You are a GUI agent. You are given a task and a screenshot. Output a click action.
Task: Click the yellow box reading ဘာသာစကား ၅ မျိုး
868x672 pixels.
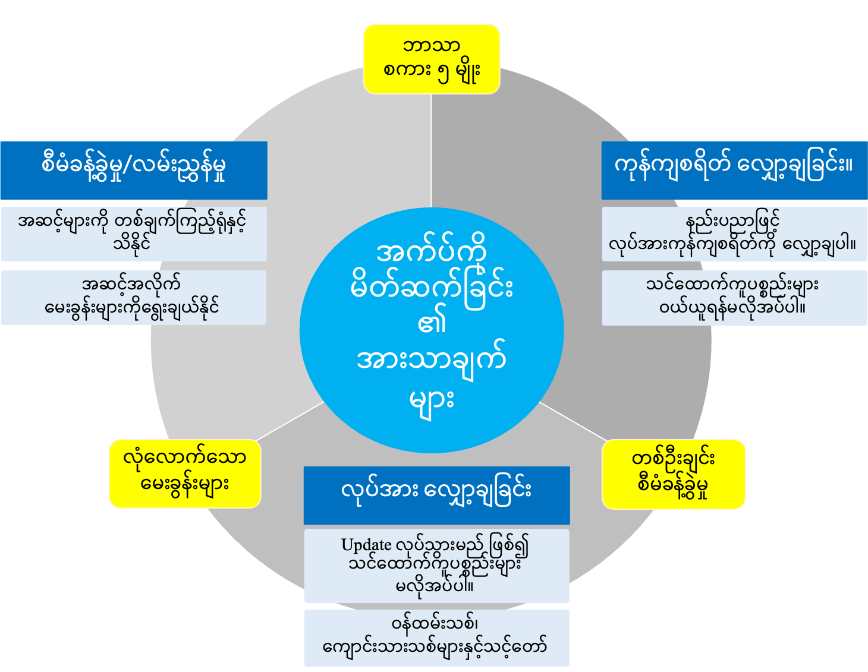pyautogui.click(x=431, y=59)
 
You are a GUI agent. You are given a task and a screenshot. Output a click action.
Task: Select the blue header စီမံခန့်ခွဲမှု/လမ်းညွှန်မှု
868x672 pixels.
pyautogui.click(x=133, y=170)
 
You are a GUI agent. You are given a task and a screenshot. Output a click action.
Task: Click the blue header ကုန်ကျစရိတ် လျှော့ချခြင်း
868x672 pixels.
pyautogui.click(x=734, y=170)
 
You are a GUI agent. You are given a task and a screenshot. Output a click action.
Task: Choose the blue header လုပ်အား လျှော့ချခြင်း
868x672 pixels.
pyautogui.click(x=436, y=494)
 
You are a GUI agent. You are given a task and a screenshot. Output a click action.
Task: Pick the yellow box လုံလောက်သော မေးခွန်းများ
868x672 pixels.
pyautogui.click(x=184, y=474)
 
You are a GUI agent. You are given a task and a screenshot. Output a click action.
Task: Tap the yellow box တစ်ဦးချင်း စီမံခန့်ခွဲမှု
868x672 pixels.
pyautogui.click(x=673, y=474)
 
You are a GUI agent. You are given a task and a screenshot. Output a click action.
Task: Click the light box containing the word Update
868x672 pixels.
pyautogui.click(x=436, y=566)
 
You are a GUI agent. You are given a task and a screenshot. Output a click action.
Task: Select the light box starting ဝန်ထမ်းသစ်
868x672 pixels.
pyautogui.click(x=436, y=638)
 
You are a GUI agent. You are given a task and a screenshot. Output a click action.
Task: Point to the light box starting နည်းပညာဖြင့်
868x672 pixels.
pyautogui.click(x=734, y=234)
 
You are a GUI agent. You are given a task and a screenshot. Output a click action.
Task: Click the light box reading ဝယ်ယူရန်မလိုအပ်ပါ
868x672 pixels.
pyautogui.click(x=734, y=298)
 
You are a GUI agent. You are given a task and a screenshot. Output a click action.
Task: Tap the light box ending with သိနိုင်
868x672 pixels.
pyautogui.click(x=133, y=234)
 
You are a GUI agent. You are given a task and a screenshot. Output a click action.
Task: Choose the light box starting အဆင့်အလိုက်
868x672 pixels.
pyautogui.click(x=133, y=298)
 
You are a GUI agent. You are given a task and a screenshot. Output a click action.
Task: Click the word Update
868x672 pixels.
pyautogui.click(x=366, y=545)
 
